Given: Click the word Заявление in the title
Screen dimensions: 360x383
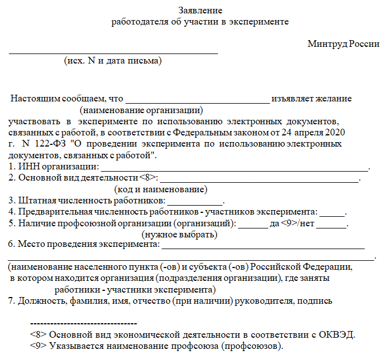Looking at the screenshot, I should point(201,11).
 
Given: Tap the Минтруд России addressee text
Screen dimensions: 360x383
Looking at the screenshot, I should point(343,44).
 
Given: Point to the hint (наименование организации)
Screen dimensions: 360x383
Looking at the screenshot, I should point(141,110).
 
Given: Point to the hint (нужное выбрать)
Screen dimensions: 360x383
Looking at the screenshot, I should point(180,235).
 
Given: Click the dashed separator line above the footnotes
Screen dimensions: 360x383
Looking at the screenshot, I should point(83,323).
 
